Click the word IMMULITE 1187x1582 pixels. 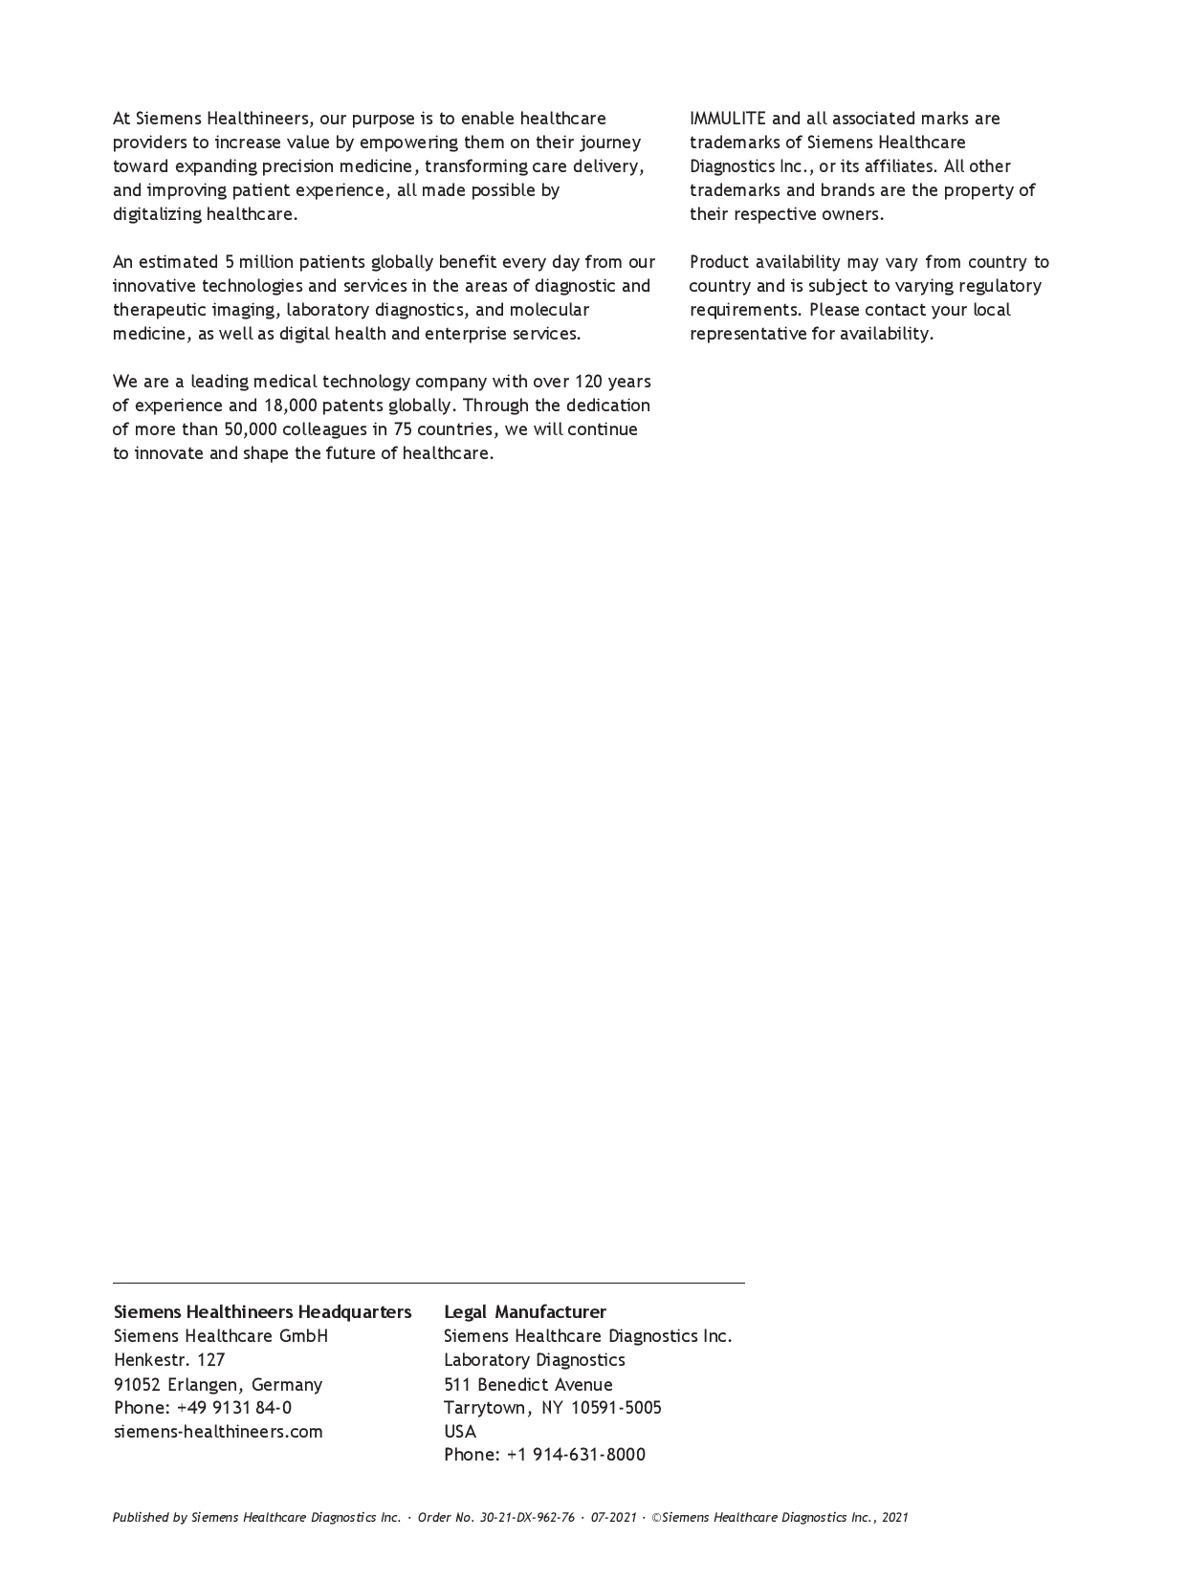pos(727,119)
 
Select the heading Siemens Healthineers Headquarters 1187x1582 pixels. pos(262,1311)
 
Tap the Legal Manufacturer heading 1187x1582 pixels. pos(524,1311)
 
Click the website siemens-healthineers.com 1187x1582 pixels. pos(218,1431)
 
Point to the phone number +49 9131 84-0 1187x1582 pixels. pos(234,1407)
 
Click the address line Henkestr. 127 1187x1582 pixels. pos(169,1359)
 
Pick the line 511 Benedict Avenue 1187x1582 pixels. pos(528,1384)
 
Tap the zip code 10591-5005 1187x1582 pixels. pos(616,1407)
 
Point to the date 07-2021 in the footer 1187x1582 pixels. pos(613,1517)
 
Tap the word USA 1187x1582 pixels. pos(460,1431)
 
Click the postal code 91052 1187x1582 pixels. pos(137,1384)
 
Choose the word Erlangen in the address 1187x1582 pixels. pos(204,1384)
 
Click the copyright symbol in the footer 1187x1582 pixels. pos(657,1517)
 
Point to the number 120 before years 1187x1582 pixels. pos(588,382)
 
